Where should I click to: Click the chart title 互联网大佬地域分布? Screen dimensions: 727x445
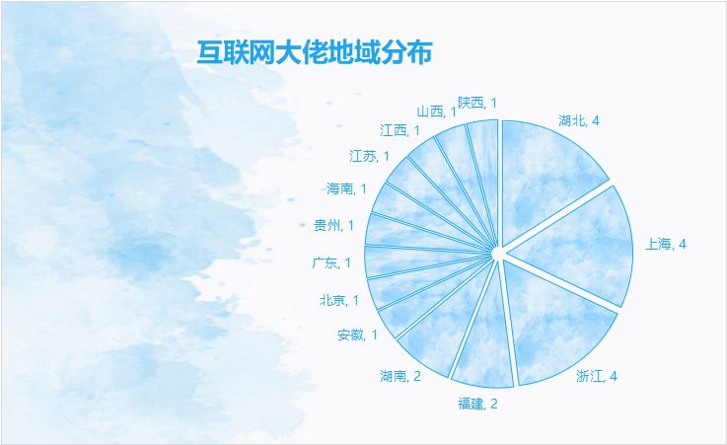pyautogui.click(x=315, y=52)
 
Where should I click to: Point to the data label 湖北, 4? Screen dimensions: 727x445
pyautogui.click(x=579, y=121)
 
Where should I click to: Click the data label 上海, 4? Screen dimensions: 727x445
pyautogui.click(x=665, y=244)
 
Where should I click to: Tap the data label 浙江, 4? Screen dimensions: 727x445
pyautogui.click(x=597, y=376)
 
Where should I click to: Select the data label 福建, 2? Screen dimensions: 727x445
pyautogui.click(x=477, y=404)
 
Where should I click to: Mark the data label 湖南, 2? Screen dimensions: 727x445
pyautogui.click(x=400, y=376)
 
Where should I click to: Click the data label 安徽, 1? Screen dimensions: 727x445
pyautogui.click(x=357, y=334)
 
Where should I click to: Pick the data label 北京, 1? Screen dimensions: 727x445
pyautogui.click(x=339, y=300)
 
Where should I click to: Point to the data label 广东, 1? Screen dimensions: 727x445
pyautogui.click(x=331, y=262)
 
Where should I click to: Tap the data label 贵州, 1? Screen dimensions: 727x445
pyautogui.click(x=333, y=225)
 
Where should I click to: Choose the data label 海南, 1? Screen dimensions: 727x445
pyautogui.click(x=346, y=188)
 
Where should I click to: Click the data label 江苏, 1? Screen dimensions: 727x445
pyautogui.click(x=369, y=156)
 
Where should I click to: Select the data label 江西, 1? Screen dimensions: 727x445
pyautogui.click(x=400, y=130)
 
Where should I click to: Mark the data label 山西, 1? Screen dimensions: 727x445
pyautogui.click(x=436, y=111)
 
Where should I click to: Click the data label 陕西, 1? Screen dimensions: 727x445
pyautogui.click(x=477, y=103)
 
